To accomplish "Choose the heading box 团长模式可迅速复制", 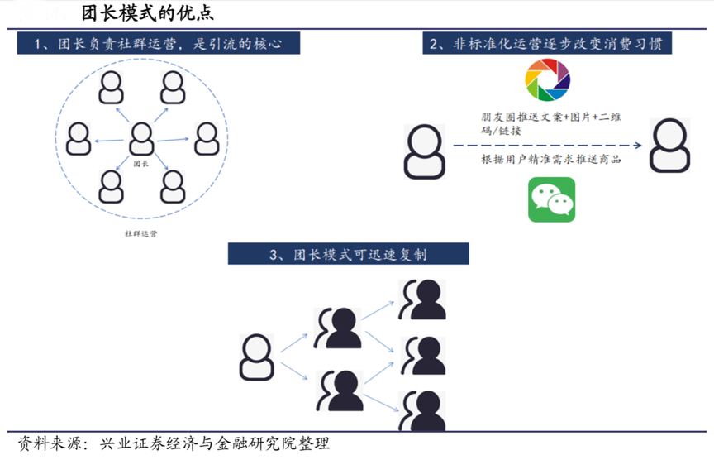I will click(x=348, y=254).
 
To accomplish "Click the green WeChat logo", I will click(x=551, y=199).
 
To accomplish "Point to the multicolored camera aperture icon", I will click(x=548, y=81).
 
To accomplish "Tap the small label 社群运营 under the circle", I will click(x=141, y=233).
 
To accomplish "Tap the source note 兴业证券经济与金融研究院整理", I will click(x=213, y=443).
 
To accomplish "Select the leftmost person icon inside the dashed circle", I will click(x=79, y=138).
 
